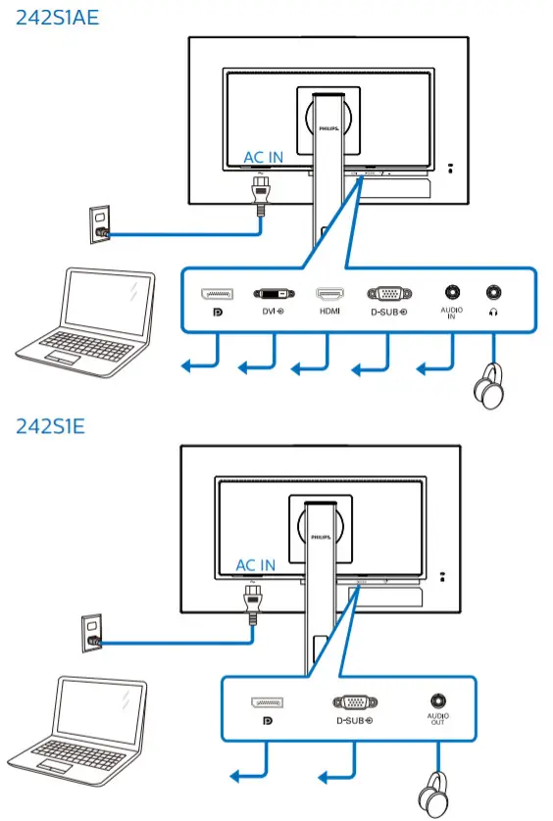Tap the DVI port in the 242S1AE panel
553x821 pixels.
click(272, 293)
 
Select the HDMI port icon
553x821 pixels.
click(327, 293)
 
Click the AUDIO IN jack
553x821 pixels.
click(451, 292)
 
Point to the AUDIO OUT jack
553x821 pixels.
click(436, 700)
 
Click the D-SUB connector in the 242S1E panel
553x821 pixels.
click(352, 702)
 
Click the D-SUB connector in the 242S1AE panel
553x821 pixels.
click(386, 293)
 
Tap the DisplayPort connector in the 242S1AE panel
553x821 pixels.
click(216, 293)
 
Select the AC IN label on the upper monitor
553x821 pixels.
click(264, 157)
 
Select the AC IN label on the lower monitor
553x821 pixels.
click(255, 565)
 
